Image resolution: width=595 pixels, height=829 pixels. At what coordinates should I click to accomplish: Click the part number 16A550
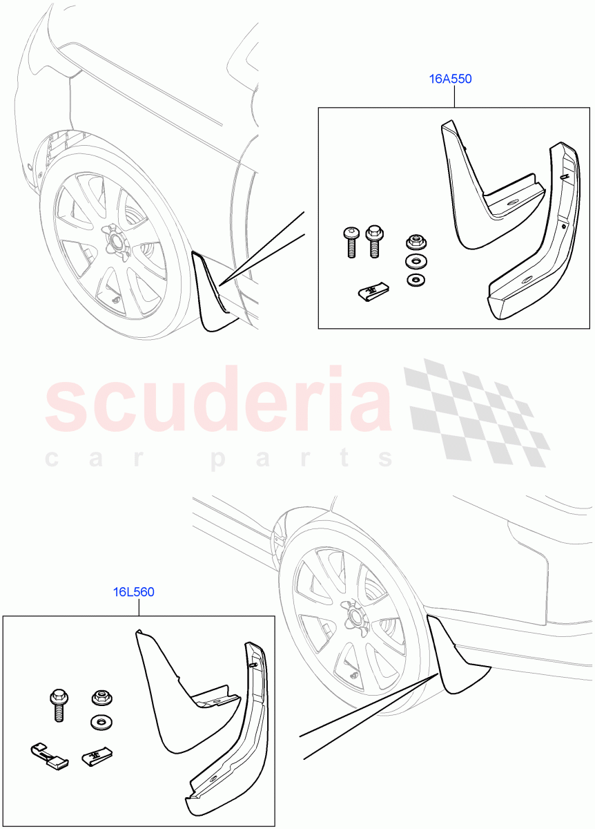coord(450,79)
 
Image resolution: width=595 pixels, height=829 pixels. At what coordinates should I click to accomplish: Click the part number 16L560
coord(134,592)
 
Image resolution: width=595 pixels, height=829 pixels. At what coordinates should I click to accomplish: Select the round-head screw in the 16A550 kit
coord(351,241)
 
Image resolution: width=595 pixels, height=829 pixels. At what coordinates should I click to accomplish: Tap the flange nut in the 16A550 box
coord(416,242)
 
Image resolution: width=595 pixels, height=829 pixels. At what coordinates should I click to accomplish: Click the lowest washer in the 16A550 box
coord(416,280)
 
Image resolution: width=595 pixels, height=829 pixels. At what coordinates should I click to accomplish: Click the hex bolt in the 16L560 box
coord(57,703)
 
